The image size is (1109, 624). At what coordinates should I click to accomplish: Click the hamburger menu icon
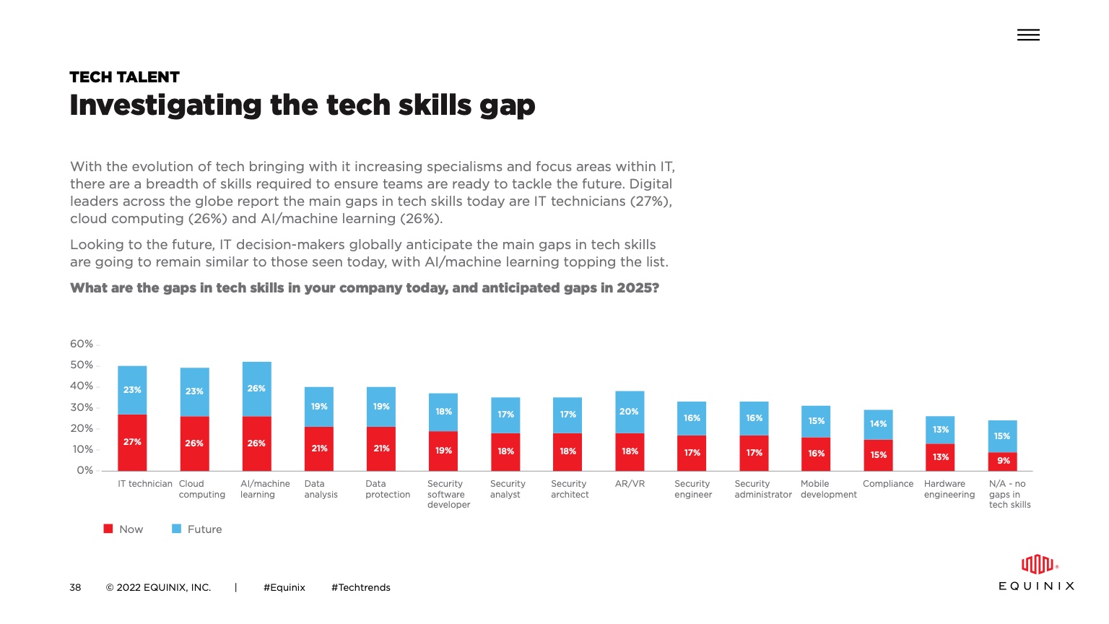coord(1028,35)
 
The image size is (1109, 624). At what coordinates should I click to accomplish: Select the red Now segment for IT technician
coord(132,442)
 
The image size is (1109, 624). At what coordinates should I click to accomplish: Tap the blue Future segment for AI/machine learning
coord(256,389)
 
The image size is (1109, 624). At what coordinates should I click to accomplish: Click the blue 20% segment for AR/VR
coord(630,412)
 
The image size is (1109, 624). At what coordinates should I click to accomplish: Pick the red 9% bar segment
coord(1003,461)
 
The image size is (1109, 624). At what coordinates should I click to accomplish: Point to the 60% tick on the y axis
coord(82,344)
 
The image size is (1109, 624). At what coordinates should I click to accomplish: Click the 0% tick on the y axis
coord(85,470)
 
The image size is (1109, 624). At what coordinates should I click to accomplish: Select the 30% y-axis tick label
coord(82,407)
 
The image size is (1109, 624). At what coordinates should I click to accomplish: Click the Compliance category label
coord(888,484)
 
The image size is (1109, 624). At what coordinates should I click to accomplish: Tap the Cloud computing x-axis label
coord(201,489)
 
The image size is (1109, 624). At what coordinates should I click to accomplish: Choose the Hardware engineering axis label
coord(949,489)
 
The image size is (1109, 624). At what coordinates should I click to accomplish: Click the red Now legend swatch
coord(108,529)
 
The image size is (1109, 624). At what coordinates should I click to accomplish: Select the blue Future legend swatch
coord(176,529)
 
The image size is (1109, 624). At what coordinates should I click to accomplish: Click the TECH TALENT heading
coord(124,77)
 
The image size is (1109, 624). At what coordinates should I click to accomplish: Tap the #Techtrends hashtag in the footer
coord(360,587)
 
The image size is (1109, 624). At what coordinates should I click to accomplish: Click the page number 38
coord(75,587)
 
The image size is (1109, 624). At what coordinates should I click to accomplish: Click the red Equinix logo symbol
coord(1037,564)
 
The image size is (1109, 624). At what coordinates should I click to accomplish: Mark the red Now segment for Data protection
coord(381,448)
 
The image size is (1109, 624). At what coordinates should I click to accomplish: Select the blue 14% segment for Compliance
coord(878,424)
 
